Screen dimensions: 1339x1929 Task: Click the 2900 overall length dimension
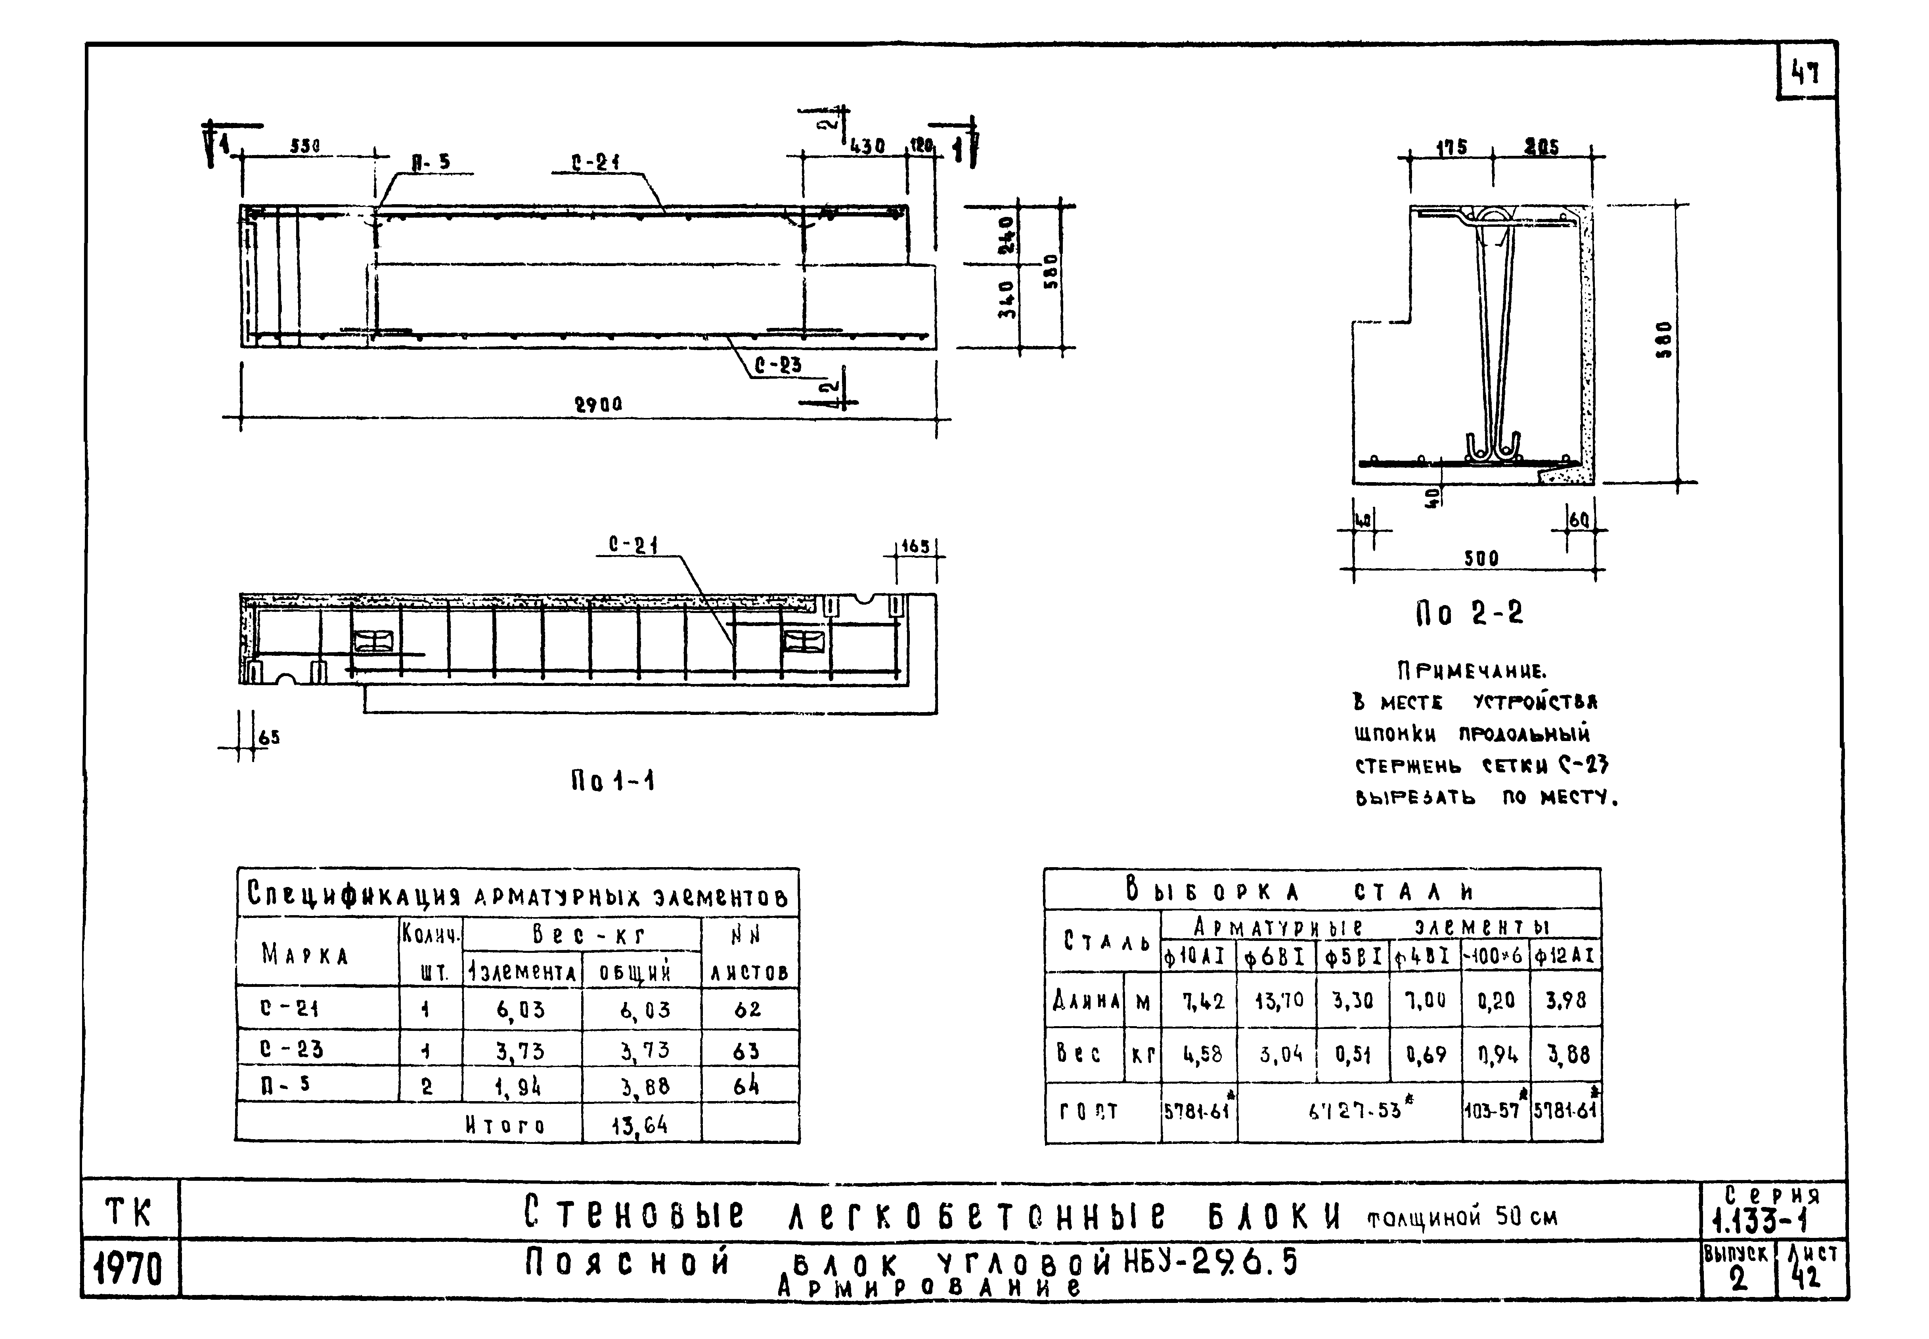click(x=598, y=404)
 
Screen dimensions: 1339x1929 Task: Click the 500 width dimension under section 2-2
click(x=1481, y=558)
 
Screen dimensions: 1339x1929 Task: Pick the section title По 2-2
click(x=1470, y=614)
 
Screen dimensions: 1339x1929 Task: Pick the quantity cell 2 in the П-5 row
click(x=427, y=1086)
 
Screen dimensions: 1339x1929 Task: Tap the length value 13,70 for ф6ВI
click(x=1279, y=1000)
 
